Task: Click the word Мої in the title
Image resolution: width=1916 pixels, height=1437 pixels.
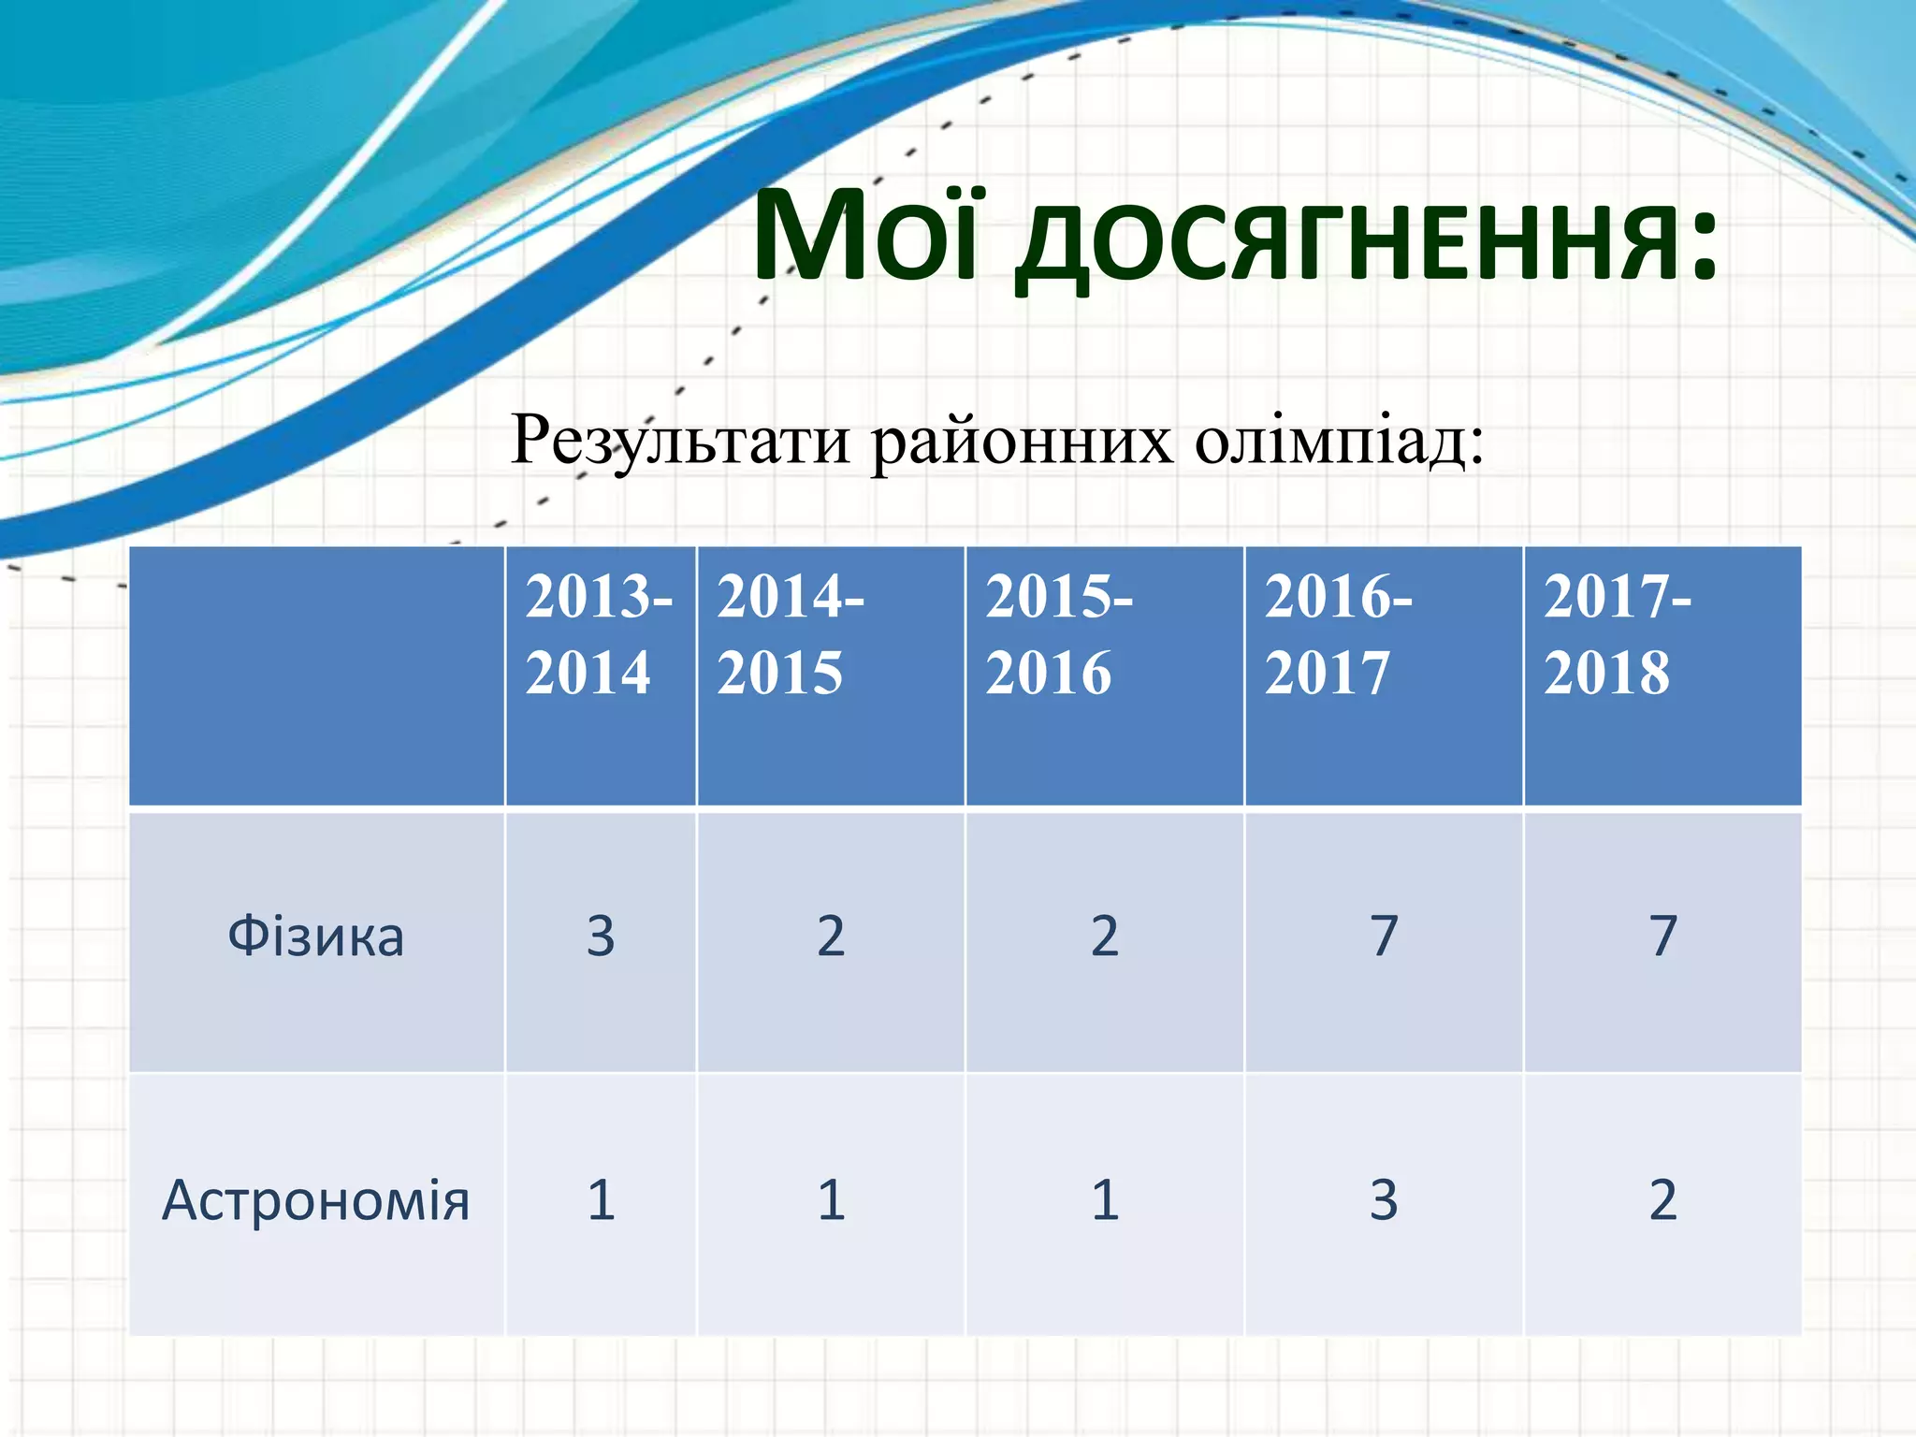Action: [x=865, y=236]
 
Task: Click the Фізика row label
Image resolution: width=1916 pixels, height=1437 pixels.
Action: [x=316, y=936]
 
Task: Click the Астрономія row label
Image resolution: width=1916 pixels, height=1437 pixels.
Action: [x=316, y=1200]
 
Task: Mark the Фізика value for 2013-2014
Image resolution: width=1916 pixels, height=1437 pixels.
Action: [x=601, y=936]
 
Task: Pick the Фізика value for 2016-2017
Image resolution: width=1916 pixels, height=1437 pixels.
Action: [x=1384, y=936]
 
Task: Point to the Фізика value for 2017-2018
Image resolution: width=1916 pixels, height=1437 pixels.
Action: [x=1662, y=936]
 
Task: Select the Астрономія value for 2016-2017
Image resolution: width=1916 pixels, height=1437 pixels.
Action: [x=1384, y=1200]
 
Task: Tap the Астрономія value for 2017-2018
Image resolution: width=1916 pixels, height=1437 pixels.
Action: [x=1662, y=1200]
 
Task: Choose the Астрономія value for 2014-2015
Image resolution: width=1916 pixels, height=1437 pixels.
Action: [x=831, y=1200]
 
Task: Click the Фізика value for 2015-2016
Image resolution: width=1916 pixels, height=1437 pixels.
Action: [x=1105, y=936]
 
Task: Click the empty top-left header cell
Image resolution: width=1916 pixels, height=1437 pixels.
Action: [x=316, y=675]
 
